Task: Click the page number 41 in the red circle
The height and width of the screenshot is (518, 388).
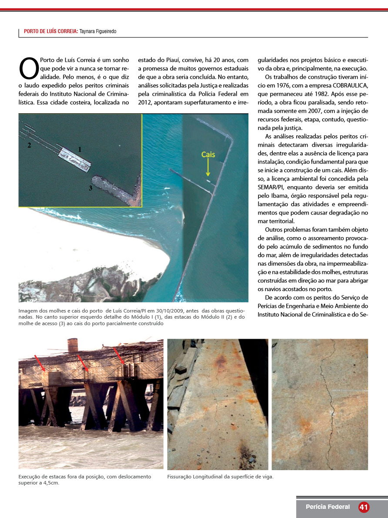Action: pos(364,507)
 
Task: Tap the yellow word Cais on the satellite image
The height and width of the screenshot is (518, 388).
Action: pos(208,155)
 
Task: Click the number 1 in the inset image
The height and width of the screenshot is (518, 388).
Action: pos(80,149)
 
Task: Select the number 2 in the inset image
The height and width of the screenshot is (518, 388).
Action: pos(29,145)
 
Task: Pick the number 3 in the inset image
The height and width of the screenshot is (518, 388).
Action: pos(90,188)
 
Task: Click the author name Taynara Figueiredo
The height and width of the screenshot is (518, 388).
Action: pos(98,31)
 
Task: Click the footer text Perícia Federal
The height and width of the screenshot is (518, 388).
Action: pos(327,507)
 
